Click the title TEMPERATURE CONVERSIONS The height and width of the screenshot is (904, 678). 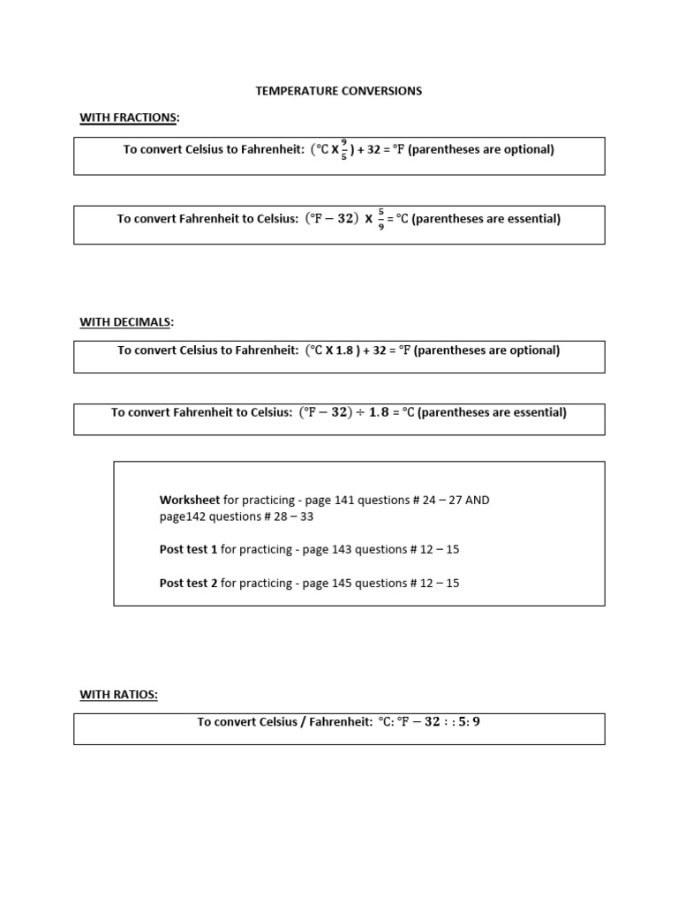coord(339,91)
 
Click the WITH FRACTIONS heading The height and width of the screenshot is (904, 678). coord(128,117)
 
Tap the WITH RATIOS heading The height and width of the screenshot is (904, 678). coord(119,695)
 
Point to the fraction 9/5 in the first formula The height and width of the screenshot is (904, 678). coord(343,150)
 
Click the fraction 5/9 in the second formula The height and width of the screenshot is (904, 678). coord(380,219)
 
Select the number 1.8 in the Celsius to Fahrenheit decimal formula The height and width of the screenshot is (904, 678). coord(345,350)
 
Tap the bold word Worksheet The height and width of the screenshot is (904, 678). coord(190,500)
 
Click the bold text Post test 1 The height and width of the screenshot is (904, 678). coord(188,549)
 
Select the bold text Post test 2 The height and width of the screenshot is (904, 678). coord(188,583)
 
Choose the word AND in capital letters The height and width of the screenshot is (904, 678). coord(477,500)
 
